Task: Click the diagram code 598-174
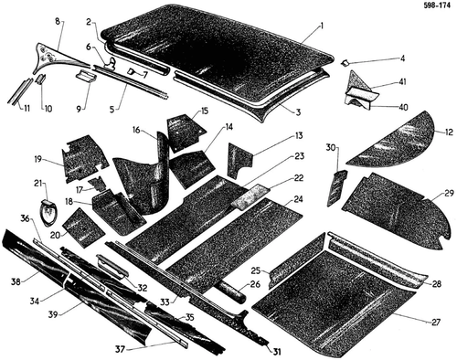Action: [437, 6]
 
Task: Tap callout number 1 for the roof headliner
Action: [321, 26]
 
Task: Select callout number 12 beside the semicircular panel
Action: [449, 132]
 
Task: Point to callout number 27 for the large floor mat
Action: [436, 322]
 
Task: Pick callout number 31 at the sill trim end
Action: [276, 353]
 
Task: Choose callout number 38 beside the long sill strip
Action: [16, 281]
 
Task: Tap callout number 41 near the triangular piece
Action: [402, 82]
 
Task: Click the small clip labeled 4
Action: [345, 62]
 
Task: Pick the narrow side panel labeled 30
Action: [337, 188]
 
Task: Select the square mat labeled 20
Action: [83, 228]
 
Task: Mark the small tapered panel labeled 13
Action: [239, 161]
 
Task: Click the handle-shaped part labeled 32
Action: [113, 265]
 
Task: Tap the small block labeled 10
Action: [41, 79]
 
